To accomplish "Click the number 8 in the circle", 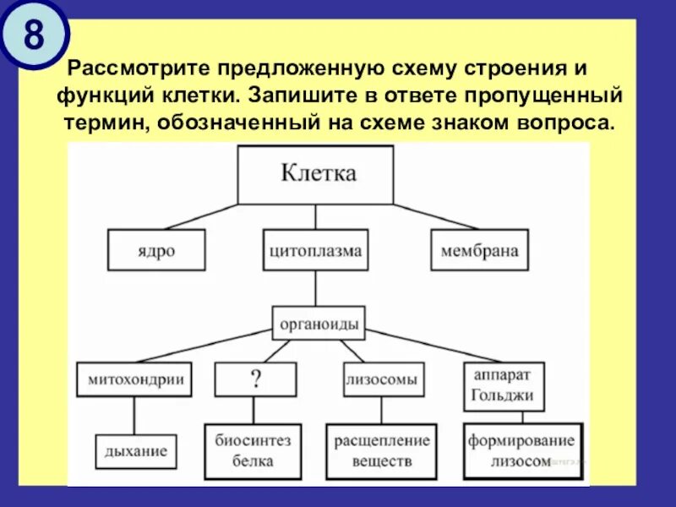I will [x=32, y=35].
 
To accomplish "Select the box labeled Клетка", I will [x=316, y=174].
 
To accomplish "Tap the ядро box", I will [x=156, y=251].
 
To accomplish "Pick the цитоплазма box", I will [x=316, y=251].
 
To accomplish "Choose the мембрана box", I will [x=479, y=251].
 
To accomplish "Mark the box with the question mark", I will [x=255, y=380].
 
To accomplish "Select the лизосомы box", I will [x=381, y=380].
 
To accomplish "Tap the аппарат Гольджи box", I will [x=504, y=388].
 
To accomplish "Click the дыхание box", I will [x=136, y=450].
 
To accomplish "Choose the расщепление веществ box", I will [x=382, y=450].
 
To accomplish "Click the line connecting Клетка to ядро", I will [x=201, y=216].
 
